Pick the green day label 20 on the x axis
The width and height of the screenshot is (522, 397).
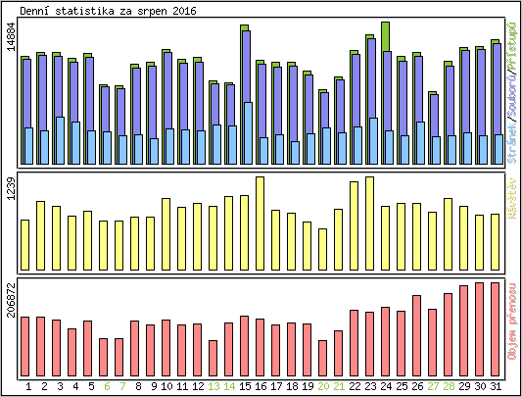click(x=323, y=386)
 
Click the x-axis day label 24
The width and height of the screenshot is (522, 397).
click(x=386, y=386)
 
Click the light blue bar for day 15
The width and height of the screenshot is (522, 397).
click(x=248, y=133)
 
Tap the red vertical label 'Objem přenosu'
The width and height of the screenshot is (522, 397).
click(x=512, y=323)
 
